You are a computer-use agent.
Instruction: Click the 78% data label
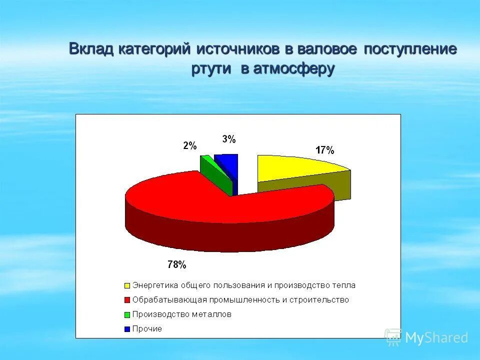point(177,264)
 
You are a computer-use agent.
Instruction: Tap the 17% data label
point(324,150)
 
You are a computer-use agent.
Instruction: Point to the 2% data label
point(189,146)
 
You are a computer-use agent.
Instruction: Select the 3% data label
point(228,139)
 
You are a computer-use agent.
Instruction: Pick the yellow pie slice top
point(295,167)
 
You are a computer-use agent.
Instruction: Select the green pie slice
point(215,175)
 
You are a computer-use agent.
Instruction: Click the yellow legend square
point(127,286)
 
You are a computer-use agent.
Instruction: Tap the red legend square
point(127,300)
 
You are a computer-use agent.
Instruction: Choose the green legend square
point(127,315)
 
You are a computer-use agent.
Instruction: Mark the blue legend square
point(127,329)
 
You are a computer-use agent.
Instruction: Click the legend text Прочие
point(147,329)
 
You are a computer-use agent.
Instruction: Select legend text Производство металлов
point(182,314)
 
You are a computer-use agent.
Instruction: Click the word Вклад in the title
point(91,50)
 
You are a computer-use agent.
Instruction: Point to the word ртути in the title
point(211,69)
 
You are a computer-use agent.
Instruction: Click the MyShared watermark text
point(436,337)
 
